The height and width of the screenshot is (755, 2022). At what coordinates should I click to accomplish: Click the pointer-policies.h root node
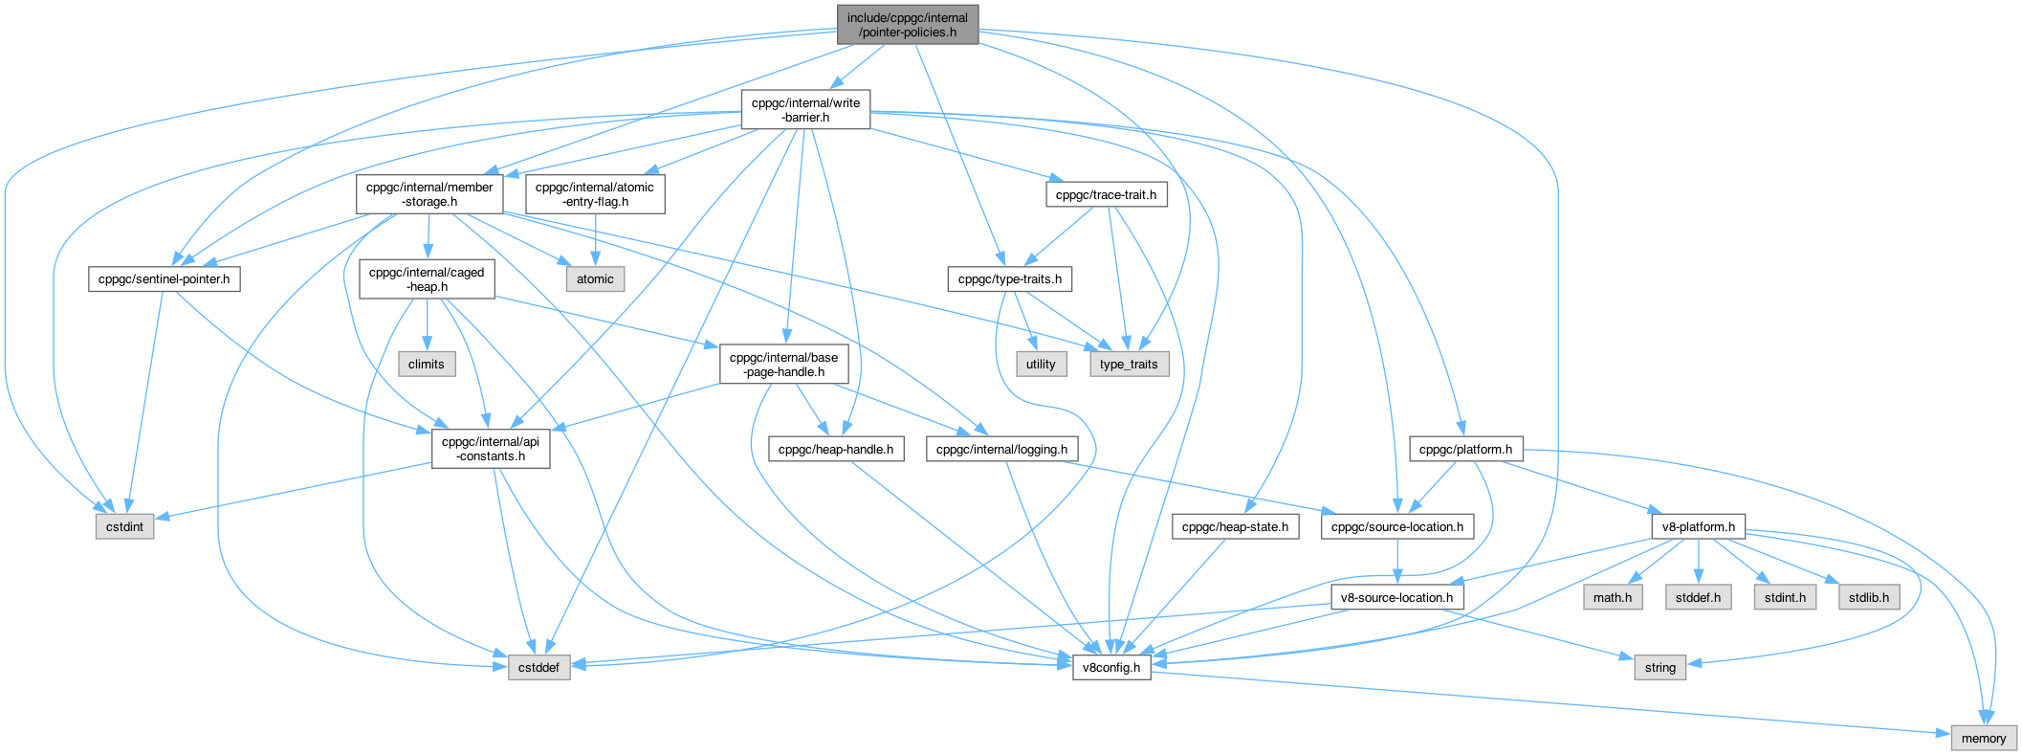point(907,25)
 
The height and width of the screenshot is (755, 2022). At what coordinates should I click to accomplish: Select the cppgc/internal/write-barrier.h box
point(805,110)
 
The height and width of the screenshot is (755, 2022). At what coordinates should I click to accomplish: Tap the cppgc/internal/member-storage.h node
point(429,194)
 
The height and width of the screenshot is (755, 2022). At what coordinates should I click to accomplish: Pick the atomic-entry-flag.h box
point(595,194)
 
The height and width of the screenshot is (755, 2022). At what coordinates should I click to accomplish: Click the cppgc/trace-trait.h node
point(1106,194)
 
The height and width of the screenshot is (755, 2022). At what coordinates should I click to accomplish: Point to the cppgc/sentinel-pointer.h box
point(165,279)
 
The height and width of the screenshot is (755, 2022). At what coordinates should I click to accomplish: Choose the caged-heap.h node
point(427,279)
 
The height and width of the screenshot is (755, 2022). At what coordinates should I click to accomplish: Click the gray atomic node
point(595,279)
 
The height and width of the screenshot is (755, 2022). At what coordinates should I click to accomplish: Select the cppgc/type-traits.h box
point(1010,279)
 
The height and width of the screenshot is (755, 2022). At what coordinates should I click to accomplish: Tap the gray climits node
point(426,364)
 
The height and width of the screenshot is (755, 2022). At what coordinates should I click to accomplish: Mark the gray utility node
point(1041,364)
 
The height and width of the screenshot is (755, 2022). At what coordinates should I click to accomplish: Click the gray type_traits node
point(1129,364)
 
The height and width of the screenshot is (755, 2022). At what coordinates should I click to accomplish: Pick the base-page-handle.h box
point(783,365)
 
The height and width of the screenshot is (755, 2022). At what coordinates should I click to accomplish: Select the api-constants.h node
point(491,449)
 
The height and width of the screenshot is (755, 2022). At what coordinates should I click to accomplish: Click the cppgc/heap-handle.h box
point(836,449)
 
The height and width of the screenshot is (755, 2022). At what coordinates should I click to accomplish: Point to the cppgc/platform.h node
point(1465,449)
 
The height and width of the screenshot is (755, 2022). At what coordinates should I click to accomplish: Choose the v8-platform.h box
point(1698,526)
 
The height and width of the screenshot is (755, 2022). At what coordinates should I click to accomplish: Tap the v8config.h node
point(1110,667)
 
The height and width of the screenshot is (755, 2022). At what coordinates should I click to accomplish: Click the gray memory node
point(1984,738)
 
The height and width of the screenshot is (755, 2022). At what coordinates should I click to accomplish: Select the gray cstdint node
point(124,526)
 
